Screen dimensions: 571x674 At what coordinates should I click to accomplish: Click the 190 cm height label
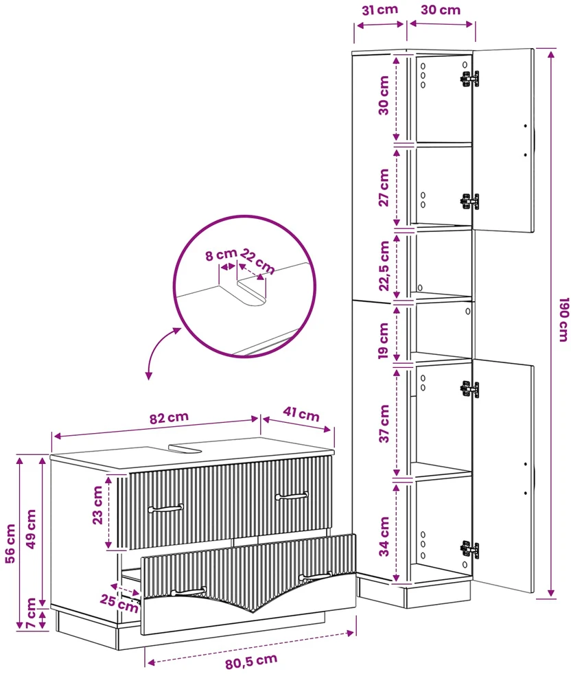pyautogui.click(x=563, y=320)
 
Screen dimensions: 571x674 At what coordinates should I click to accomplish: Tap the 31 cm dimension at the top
pyautogui.click(x=380, y=10)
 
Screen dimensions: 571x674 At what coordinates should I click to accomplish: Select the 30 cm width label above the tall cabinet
pyautogui.click(x=441, y=10)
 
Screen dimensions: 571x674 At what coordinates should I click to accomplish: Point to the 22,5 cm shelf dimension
pyautogui.click(x=384, y=266)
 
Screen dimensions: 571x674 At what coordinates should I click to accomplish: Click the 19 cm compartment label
pyautogui.click(x=384, y=341)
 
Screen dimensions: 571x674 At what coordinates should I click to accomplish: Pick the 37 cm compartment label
pyautogui.click(x=384, y=424)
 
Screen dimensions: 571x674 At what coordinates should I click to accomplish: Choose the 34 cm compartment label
pyautogui.click(x=384, y=537)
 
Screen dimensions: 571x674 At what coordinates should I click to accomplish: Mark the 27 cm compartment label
pyautogui.click(x=384, y=187)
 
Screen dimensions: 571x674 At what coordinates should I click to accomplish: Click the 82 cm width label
pyautogui.click(x=169, y=418)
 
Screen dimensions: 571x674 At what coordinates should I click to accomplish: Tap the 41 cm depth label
pyautogui.click(x=301, y=414)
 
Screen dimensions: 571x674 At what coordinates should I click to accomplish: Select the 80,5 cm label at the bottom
pyautogui.click(x=251, y=661)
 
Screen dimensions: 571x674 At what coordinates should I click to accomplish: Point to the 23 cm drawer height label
pyautogui.click(x=98, y=505)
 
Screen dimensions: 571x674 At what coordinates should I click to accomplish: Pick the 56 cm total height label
pyautogui.click(x=10, y=544)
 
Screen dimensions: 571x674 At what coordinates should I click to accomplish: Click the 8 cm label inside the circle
pyautogui.click(x=221, y=255)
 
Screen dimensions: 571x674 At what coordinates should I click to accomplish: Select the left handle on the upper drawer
pyautogui.click(x=165, y=509)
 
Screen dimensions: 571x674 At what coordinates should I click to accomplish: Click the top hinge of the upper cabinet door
pyautogui.click(x=469, y=79)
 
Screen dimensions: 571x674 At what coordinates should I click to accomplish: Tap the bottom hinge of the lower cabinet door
pyautogui.click(x=469, y=549)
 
